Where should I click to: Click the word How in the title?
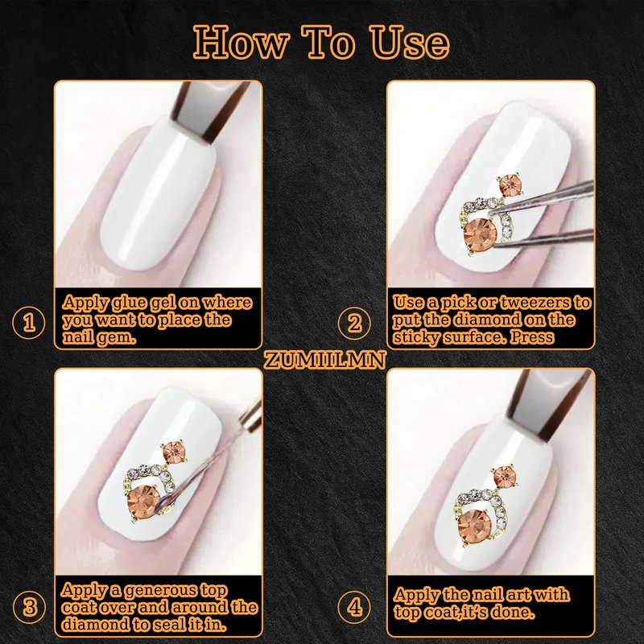242,43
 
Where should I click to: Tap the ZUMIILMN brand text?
324,360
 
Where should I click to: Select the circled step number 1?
29,323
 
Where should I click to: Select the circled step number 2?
354,323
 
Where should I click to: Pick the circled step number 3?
29,607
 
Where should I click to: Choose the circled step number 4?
354,607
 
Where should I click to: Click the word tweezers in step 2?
535,303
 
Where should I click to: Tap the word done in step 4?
513,613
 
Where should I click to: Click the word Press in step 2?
532,337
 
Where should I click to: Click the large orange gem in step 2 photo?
480,234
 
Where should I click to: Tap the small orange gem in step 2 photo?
510,185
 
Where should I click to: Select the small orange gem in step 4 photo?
505,477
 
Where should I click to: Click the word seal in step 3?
168,625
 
